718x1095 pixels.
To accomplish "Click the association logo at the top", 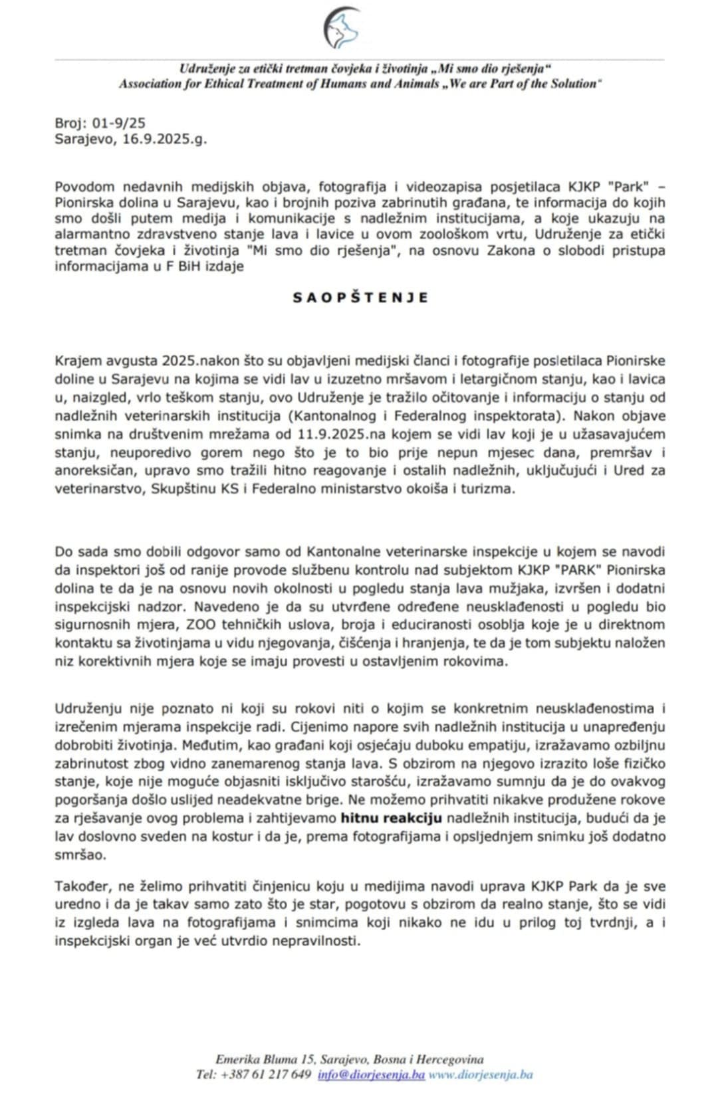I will coord(342,29).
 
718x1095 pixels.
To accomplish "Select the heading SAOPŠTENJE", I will coord(360,298).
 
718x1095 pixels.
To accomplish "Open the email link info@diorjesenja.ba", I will coord(371,1074).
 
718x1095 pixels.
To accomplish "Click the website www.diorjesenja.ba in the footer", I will coord(481,1074).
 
